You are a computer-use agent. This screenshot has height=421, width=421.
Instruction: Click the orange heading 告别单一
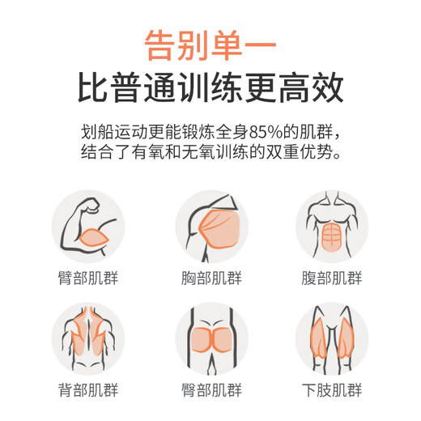[x=210, y=45]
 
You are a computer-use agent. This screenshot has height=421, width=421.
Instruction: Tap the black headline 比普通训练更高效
[x=210, y=87]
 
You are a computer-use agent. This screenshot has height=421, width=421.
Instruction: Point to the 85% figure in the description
[x=266, y=132]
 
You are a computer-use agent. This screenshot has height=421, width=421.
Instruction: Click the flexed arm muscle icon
[x=88, y=227]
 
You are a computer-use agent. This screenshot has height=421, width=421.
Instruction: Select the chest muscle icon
[x=211, y=227]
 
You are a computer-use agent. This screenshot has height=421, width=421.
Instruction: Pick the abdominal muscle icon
[x=332, y=227]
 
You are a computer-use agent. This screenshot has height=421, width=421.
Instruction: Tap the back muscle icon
[x=88, y=338]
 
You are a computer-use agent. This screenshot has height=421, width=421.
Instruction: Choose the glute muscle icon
[x=211, y=338]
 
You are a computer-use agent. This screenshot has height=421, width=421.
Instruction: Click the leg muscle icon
[x=332, y=338]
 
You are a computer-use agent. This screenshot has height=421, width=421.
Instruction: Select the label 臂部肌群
[x=88, y=278]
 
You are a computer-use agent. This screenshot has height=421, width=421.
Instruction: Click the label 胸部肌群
[x=211, y=278]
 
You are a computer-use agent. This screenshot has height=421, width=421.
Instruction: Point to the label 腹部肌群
[x=332, y=278]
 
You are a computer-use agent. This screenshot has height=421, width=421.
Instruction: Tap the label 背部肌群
[x=88, y=390]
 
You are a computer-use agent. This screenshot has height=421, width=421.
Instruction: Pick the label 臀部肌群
[x=211, y=390]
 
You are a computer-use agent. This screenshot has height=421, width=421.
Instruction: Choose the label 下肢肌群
[x=332, y=390]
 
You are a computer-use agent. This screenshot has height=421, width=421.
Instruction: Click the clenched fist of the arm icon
[x=91, y=205]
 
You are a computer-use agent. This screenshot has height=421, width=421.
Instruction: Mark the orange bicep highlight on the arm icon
[x=94, y=237]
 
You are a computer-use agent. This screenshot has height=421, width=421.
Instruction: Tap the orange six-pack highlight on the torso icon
[x=332, y=237]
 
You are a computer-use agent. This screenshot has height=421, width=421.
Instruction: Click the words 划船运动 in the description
[x=114, y=132]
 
